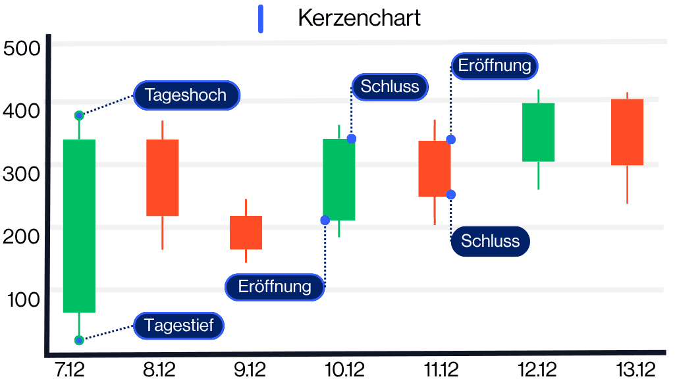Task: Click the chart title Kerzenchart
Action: tap(359, 18)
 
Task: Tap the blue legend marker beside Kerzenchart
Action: tap(261, 18)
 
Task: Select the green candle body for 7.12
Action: tap(79, 226)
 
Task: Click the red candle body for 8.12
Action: tap(162, 178)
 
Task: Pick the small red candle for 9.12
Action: tap(246, 232)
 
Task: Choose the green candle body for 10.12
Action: tap(338, 179)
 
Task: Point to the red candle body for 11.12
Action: tap(435, 168)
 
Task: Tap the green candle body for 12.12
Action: tap(538, 132)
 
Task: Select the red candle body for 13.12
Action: tap(627, 132)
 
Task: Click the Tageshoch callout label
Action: tap(186, 95)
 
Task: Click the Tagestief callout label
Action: tap(178, 326)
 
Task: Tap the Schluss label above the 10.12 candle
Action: tap(390, 86)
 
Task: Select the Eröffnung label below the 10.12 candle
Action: tap(275, 287)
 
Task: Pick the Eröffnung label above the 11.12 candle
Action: tap(495, 66)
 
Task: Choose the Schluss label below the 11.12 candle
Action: tap(490, 241)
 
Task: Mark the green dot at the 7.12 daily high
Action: tap(79, 116)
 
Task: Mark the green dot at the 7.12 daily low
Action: tap(79, 340)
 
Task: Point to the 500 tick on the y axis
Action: tap(22, 48)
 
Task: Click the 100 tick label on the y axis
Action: tap(24, 300)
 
